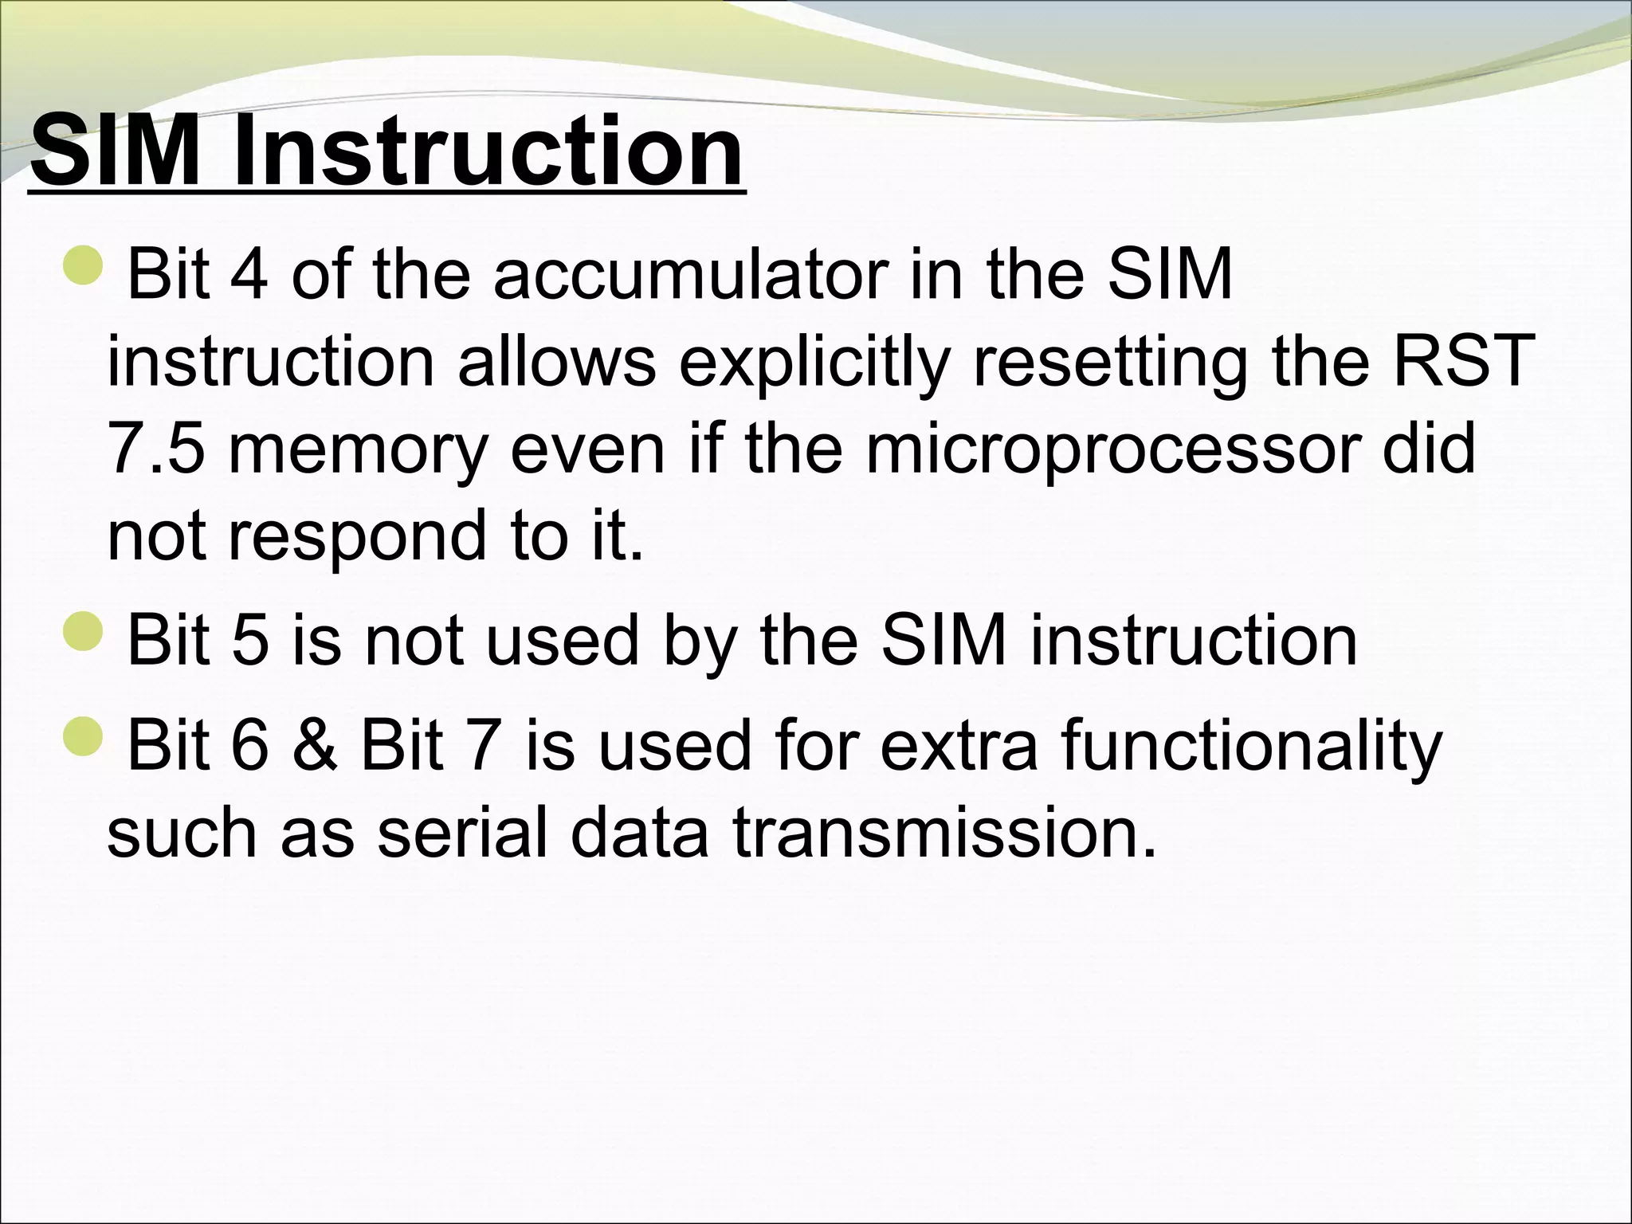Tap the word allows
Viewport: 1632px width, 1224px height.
click(556, 360)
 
